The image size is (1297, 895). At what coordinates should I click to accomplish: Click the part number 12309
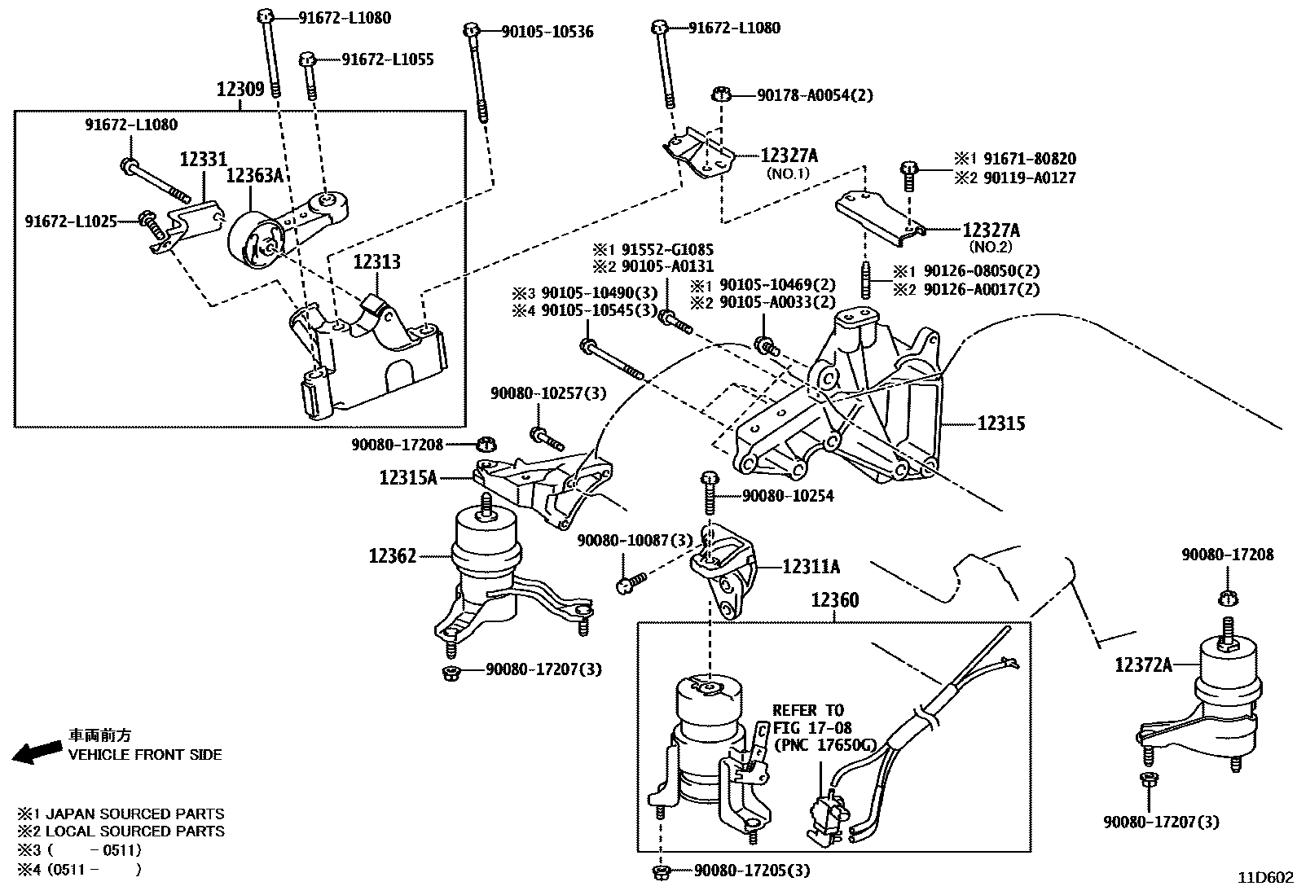point(240,89)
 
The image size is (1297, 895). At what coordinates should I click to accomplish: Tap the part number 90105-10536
point(547,32)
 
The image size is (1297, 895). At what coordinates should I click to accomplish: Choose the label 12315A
point(407,477)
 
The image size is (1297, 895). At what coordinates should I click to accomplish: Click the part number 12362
point(393,556)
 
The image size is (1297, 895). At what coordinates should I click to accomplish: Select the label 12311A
point(811,566)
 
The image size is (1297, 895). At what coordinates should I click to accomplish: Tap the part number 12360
point(834,601)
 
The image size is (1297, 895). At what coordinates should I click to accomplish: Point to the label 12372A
point(1144,665)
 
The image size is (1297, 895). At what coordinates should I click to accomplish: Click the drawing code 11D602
point(1265,878)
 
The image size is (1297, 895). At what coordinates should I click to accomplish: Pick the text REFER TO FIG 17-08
point(811,719)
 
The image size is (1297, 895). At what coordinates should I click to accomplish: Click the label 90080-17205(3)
point(752,871)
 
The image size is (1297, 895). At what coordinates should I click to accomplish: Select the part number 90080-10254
point(787,496)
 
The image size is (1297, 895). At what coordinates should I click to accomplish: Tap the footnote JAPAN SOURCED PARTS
point(134,814)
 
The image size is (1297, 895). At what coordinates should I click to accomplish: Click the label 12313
point(376,262)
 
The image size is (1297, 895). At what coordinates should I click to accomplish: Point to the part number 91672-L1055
point(387,59)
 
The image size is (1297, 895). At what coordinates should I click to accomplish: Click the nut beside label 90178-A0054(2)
point(721,94)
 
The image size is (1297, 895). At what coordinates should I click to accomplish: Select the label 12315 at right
point(1000,423)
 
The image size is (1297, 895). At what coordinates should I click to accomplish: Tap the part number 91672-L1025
point(71,221)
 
